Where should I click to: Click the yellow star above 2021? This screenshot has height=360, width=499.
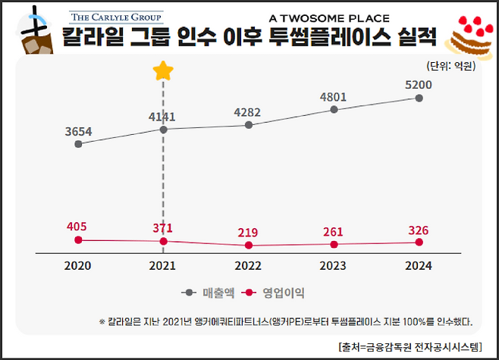pos(163,71)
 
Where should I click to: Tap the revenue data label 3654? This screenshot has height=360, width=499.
pos(77,131)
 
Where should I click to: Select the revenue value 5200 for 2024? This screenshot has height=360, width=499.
pos(419,85)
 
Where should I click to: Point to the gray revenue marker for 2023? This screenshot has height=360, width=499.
pos(334,110)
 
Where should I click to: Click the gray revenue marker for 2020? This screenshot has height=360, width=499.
pos(77,143)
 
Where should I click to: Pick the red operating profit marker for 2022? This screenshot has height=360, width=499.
pos(249,246)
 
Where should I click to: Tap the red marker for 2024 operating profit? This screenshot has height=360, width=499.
pos(419,242)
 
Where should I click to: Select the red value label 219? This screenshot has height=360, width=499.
pos(249,231)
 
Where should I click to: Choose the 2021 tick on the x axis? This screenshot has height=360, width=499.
pos(163,266)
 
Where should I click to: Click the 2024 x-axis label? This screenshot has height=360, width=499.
pos(419,266)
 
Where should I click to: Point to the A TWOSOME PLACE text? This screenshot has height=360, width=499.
pos(329,17)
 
